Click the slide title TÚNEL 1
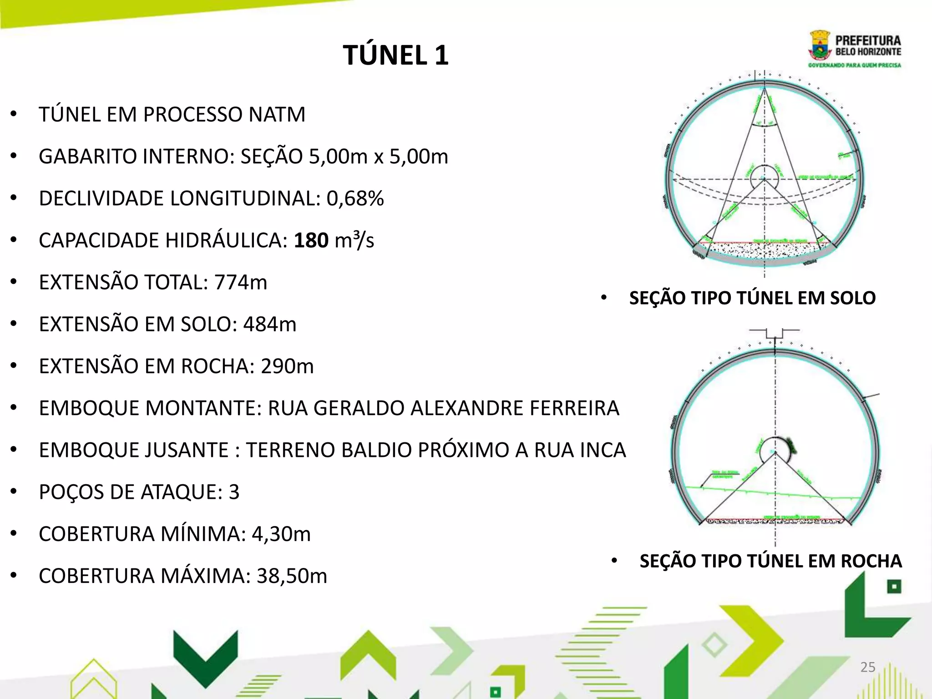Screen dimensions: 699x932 (x=395, y=56)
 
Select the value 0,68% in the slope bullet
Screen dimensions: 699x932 (x=355, y=198)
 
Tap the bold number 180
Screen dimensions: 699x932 (x=311, y=240)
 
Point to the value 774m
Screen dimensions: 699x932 (x=241, y=283)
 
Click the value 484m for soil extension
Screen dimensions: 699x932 (x=269, y=324)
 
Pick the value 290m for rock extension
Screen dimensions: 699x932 (x=287, y=366)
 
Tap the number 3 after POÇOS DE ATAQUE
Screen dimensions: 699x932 (x=234, y=492)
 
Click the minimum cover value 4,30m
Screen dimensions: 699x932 (x=281, y=534)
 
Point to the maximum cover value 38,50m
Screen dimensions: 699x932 (x=292, y=576)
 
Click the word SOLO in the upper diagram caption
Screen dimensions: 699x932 (x=852, y=298)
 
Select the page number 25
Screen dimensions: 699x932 (x=868, y=667)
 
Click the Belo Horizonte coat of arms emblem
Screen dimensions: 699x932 (x=820, y=51)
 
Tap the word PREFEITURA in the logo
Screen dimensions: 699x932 (x=868, y=41)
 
